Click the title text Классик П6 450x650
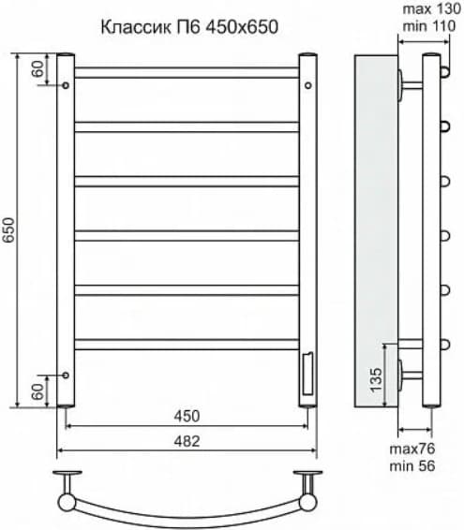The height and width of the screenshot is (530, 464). pos(189,27)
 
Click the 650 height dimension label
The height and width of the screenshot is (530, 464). pos(8,229)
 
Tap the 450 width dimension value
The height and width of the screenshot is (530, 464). pos(187,416)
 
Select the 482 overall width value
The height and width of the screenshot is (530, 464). pos(187,441)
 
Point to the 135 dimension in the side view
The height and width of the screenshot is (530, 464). pos(376,380)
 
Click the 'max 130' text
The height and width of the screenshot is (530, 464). pos(432,9)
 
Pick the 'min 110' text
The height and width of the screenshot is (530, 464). pos(429,26)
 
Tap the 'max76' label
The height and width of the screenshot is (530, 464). pos(412,449)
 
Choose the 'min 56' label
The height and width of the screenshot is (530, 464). pos(412,466)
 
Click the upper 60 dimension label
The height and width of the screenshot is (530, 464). pos(37,68)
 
